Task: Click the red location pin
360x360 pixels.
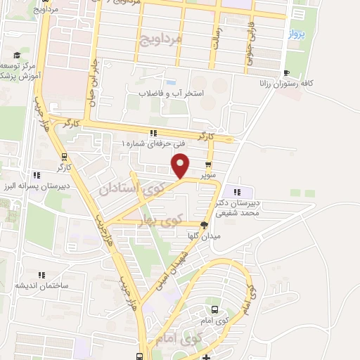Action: click(x=181, y=165)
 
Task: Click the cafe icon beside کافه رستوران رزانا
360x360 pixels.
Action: click(x=285, y=73)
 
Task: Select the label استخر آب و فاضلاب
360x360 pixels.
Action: click(x=170, y=92)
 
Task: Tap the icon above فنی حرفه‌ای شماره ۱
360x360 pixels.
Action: click(x=153, y=134)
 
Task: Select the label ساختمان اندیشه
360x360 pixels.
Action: click(x=40, y=285)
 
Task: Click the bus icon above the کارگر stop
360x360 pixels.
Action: click(x=64, y=156)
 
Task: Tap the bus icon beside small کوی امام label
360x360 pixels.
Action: click(x=214, y=310)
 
